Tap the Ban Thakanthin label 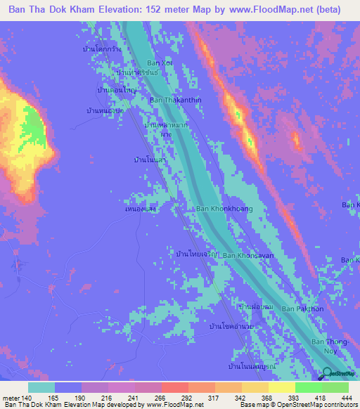click(176, 100)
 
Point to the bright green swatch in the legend click(309, 387)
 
